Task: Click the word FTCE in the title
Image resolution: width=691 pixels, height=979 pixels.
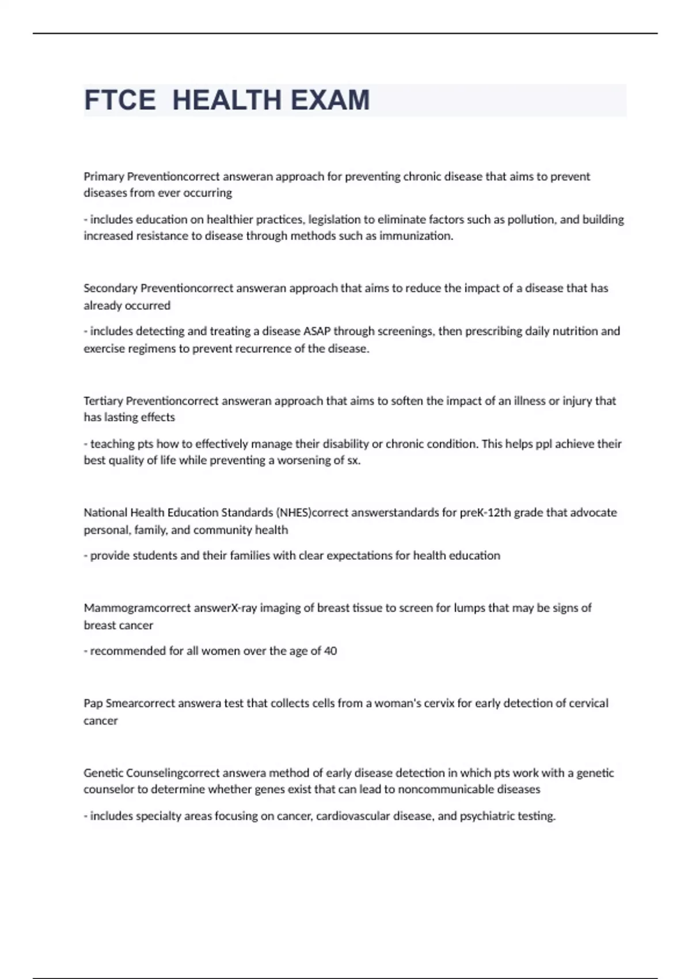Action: pos(120,100)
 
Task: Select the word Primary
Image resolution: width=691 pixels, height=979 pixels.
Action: pos(104,176)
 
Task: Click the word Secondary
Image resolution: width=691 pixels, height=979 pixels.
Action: pos(111,288)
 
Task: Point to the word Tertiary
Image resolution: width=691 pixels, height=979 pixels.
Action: pos(103,401)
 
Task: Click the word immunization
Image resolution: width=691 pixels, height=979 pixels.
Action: pos(416,236)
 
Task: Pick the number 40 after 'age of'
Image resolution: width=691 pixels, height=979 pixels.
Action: pos(331,651)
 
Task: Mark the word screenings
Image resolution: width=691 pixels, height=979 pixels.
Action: pos(407,331)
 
